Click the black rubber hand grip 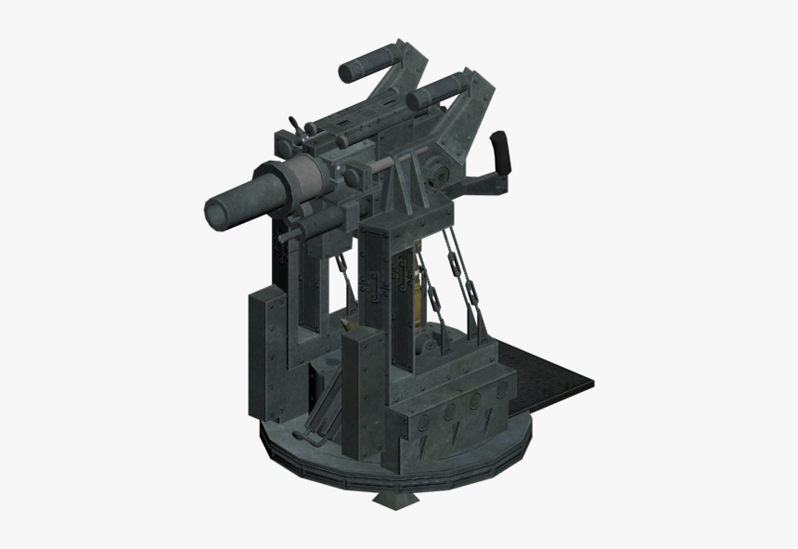point(502,152)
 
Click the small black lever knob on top point(294,124)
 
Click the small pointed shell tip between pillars point(345,325)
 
